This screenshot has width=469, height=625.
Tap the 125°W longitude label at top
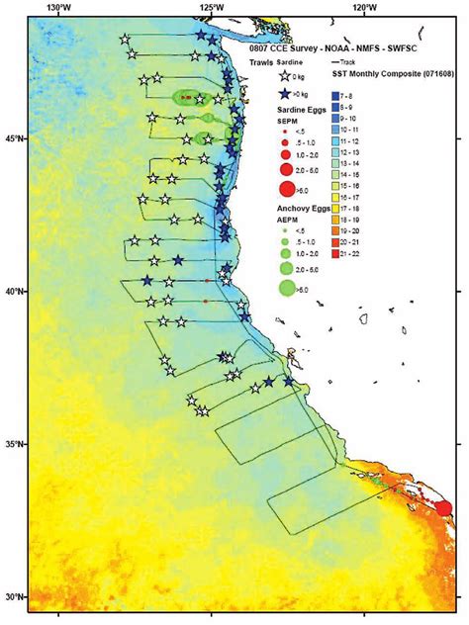click(210, 9)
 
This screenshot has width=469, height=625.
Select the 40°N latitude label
click(14, 292)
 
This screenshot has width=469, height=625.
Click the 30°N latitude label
click(14, 597)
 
